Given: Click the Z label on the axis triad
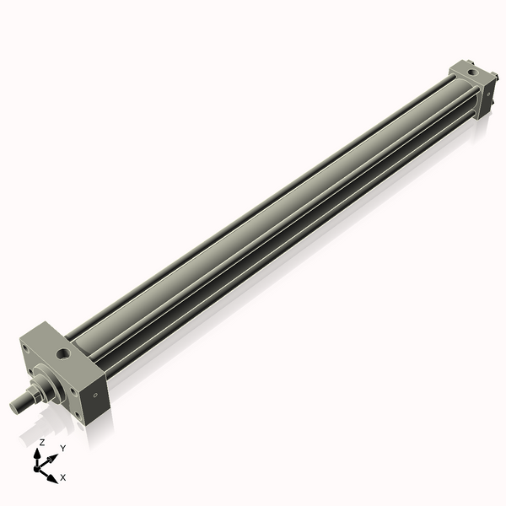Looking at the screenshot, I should (41, 442).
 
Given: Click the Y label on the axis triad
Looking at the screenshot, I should (62, 449).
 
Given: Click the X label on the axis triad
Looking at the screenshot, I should (63, 477).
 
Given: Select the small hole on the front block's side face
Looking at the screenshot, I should (95, 394).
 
